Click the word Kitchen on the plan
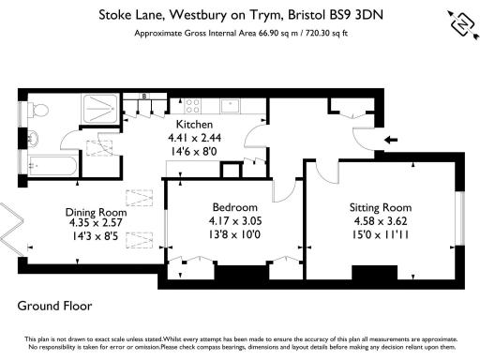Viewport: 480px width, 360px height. pos(194,124)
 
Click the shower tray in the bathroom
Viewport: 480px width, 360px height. pos(98,112)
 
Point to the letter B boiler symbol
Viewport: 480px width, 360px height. pos(144,97)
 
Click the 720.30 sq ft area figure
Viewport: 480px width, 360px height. pos(318,32)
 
